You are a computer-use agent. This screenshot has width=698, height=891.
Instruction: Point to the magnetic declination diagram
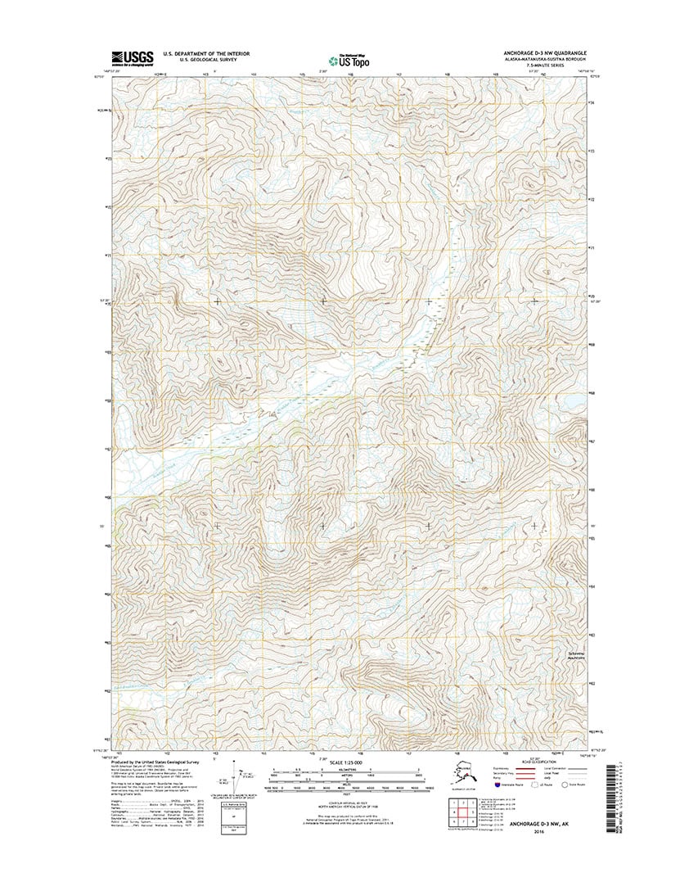[x=241, y=782]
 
